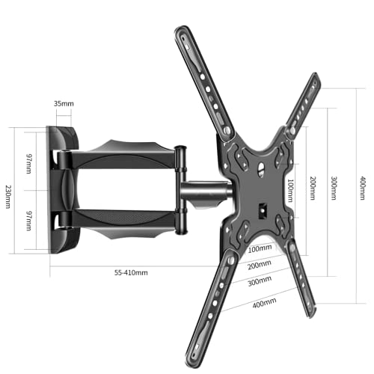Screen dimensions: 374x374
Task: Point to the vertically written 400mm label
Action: tap(362, 183)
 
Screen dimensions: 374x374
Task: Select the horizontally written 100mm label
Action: tap(259, 248)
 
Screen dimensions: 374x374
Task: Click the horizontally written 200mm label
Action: tap(259, 264)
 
